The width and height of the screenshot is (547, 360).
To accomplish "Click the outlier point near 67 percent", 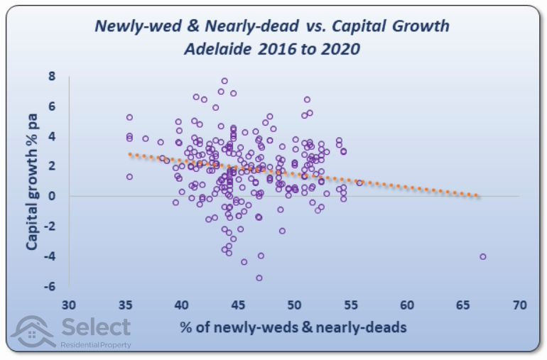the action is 483,257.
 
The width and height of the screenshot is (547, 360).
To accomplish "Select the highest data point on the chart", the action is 224,81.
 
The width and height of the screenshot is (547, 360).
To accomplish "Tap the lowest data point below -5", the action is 259,278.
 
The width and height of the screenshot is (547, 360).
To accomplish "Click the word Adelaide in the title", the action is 217,49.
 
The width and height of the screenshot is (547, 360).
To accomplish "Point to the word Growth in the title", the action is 421,26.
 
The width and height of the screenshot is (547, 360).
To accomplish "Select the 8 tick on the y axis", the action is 52,76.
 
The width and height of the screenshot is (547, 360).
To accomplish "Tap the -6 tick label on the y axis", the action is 50,286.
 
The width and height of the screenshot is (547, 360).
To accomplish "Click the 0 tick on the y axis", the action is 52,196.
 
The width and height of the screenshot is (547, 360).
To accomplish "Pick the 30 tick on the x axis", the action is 69,305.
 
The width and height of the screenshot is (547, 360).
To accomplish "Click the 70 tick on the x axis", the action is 520,305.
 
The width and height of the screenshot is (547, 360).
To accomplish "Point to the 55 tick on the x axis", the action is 351,305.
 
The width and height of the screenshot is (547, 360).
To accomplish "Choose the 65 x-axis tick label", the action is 463,305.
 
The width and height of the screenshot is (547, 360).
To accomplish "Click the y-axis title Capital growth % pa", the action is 32,181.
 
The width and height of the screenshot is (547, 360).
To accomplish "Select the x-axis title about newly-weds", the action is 293,327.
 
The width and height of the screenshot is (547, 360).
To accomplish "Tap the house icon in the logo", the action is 33,332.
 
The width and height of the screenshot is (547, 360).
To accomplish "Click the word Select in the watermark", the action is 97,327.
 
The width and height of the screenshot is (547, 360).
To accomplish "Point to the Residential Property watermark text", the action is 96,345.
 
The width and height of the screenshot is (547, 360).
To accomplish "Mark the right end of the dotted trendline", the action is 477,196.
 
